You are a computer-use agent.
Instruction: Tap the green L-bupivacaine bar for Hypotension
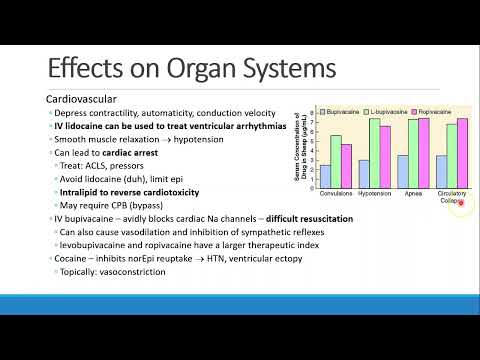[x=374, y=152]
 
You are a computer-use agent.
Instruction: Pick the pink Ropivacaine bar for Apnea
[x=423, y=152]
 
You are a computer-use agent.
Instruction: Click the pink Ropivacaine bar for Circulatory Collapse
[x=461, y=152]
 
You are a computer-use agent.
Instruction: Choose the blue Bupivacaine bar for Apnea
[x=401, y=170]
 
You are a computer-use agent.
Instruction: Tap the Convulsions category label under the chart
[x=336, y=193]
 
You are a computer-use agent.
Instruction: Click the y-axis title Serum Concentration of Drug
[x=299, y=148]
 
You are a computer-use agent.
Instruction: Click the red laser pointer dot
[x=460, y=203]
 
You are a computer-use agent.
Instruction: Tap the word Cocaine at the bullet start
[x=73, y=258]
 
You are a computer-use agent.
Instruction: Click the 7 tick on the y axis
[x=311, y=117]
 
